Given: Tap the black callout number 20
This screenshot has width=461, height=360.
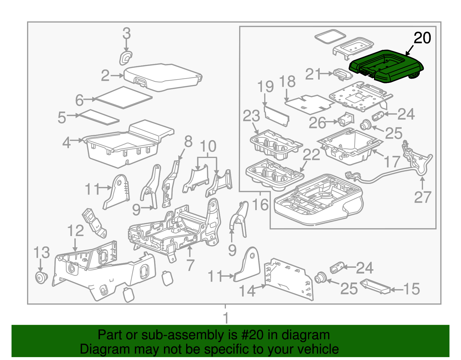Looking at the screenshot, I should tap(422, 38).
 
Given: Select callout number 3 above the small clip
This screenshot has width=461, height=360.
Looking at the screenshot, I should tap(126, 33).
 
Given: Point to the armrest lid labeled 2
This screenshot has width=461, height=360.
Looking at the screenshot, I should tap(163, 76).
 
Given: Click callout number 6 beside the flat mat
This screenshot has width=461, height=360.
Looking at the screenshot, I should tap(79, 100).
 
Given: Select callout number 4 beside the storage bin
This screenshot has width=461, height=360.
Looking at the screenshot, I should tap(67, 142).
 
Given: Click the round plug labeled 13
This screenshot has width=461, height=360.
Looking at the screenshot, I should tap(41, 277).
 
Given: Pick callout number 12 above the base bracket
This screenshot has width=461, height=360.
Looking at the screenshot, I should tap(75, 231).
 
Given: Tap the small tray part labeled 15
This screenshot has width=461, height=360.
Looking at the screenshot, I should tap(375, 286).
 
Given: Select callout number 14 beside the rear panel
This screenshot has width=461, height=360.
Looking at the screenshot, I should tap(247, 291).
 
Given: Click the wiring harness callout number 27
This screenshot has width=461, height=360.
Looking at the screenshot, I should tap(422, 197).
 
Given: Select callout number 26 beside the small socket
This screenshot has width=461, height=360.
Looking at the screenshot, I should tap(317, 123).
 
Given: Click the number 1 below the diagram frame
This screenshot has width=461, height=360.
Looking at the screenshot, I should tap(226, 318).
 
